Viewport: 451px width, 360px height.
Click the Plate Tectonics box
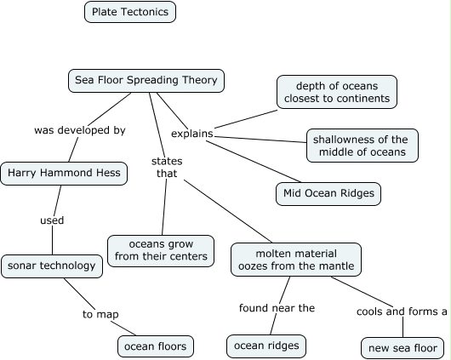click(x=130, y=12)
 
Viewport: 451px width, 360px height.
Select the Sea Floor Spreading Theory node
click(x=146, y=81)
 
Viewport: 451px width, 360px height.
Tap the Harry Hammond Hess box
click(x=65, y=174)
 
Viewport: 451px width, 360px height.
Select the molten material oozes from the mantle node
click(x=295, y=260)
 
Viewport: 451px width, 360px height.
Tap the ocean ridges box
click(x=266, y=346)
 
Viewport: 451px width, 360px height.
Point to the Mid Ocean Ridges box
click(x=328, y=194)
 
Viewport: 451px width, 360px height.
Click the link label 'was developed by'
click(x=79, y=130)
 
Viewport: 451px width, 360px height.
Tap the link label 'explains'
click(x=191, y=134)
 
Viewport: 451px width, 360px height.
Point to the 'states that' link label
click(x=167, y=167)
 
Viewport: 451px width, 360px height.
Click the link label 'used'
click(x=52, y=220)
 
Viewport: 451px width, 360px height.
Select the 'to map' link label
click(x=100, y=314)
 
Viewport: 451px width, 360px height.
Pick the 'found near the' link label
click(x=277, y=308)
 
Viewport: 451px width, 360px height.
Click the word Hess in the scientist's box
click(x=109, y=174)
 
